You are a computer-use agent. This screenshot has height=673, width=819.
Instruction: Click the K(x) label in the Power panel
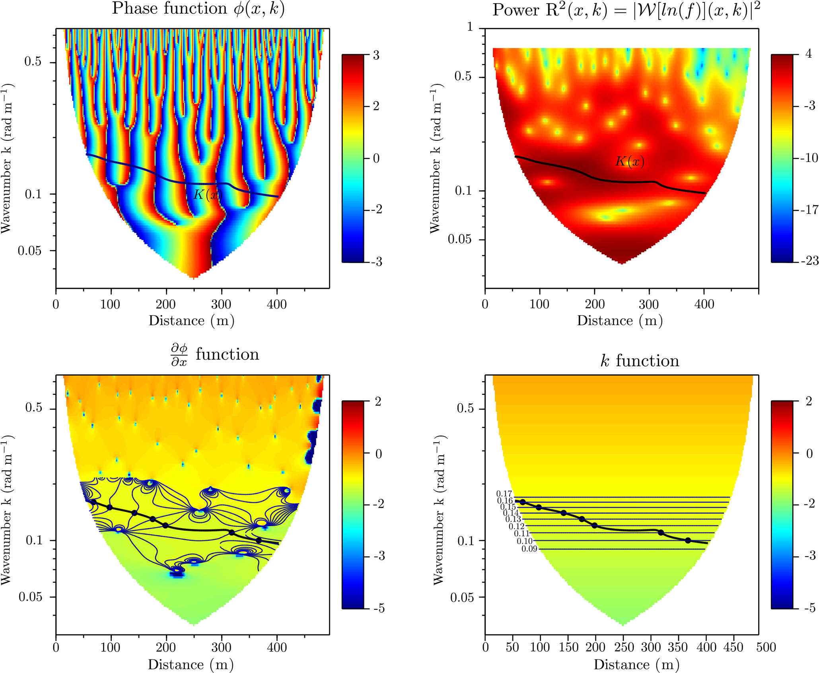(x=630, y=161)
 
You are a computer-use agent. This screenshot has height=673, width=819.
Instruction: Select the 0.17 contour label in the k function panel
(x=504, y=494)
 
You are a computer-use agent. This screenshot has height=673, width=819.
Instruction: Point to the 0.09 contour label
(x=529, y=549)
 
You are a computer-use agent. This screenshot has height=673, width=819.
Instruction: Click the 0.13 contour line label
(x=513, y=519)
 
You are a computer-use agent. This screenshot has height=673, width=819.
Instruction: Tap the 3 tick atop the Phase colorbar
(x=376, y=55)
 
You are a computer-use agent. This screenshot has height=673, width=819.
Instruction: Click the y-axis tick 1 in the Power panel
(x=470, y=27)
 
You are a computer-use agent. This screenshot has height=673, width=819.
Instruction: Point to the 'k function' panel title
(x=640, y=361)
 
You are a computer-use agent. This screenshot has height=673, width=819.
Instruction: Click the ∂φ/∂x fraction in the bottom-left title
(x=179, y=355)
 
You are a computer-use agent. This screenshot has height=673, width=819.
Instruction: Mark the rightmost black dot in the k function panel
(x=688, y=540)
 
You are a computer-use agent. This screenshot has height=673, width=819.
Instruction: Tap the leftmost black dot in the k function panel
(x=523, y=502)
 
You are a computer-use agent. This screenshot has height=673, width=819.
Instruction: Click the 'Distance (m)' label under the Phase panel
(x=191, y=321)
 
